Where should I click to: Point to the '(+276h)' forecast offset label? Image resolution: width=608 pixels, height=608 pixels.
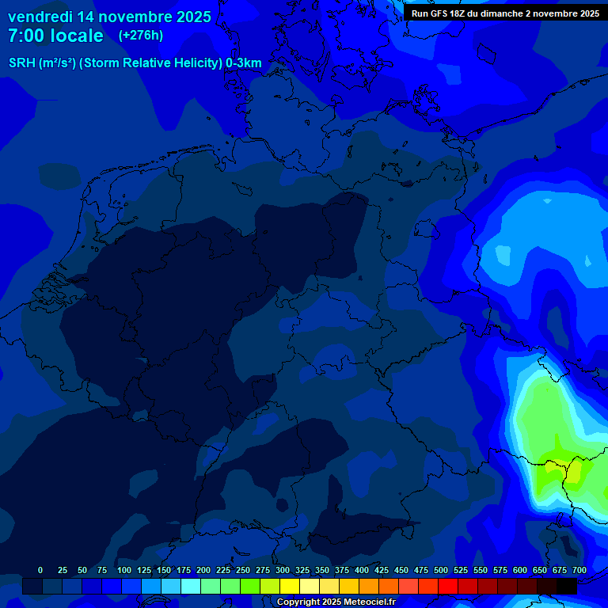141,36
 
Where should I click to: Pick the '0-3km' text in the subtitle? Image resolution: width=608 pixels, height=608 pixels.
243,63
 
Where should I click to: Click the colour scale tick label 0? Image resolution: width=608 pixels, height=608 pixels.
40,570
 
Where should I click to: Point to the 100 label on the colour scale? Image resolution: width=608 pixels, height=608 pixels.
123,570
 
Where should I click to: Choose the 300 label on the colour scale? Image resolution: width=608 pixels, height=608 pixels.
282,570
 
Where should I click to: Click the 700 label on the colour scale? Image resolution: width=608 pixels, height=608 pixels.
579,570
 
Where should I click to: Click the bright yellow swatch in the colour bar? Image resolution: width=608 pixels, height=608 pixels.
290,586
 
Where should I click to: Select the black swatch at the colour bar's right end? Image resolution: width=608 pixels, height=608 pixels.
567,586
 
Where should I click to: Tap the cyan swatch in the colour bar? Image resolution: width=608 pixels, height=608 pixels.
191,586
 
